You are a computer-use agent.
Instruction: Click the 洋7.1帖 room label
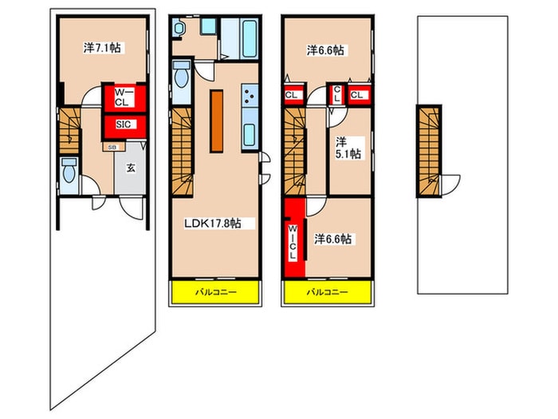click(x=102, y=48)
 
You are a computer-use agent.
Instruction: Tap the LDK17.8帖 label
click(x=213, y=223)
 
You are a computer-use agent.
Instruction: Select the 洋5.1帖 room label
click(x=348, y=148)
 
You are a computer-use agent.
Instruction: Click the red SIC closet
click(x=124, y=126)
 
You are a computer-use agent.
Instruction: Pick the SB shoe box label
click(x=112, y=147)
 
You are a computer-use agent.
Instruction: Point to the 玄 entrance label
click(x=131, y=168)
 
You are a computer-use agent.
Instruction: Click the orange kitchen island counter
click(x=216, y=121)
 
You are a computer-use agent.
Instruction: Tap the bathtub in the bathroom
click(x=249, y=38)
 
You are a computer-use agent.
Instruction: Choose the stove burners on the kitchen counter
click(x=250, y=96)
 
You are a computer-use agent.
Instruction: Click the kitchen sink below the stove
click(x=250, y=135)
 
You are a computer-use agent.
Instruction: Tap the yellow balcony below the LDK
click(x=215, y=293)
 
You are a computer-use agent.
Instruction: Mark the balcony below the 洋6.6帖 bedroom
click(x=328, y=293)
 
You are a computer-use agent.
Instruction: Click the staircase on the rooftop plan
click(x=429, y=151)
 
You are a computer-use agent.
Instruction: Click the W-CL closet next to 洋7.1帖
click(x=124, y=97)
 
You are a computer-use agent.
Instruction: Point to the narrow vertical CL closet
click(x=336, y=93)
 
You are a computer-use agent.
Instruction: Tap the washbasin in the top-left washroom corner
click(x=178, y=28)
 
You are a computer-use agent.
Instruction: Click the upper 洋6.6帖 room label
click(x=325, y=50)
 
